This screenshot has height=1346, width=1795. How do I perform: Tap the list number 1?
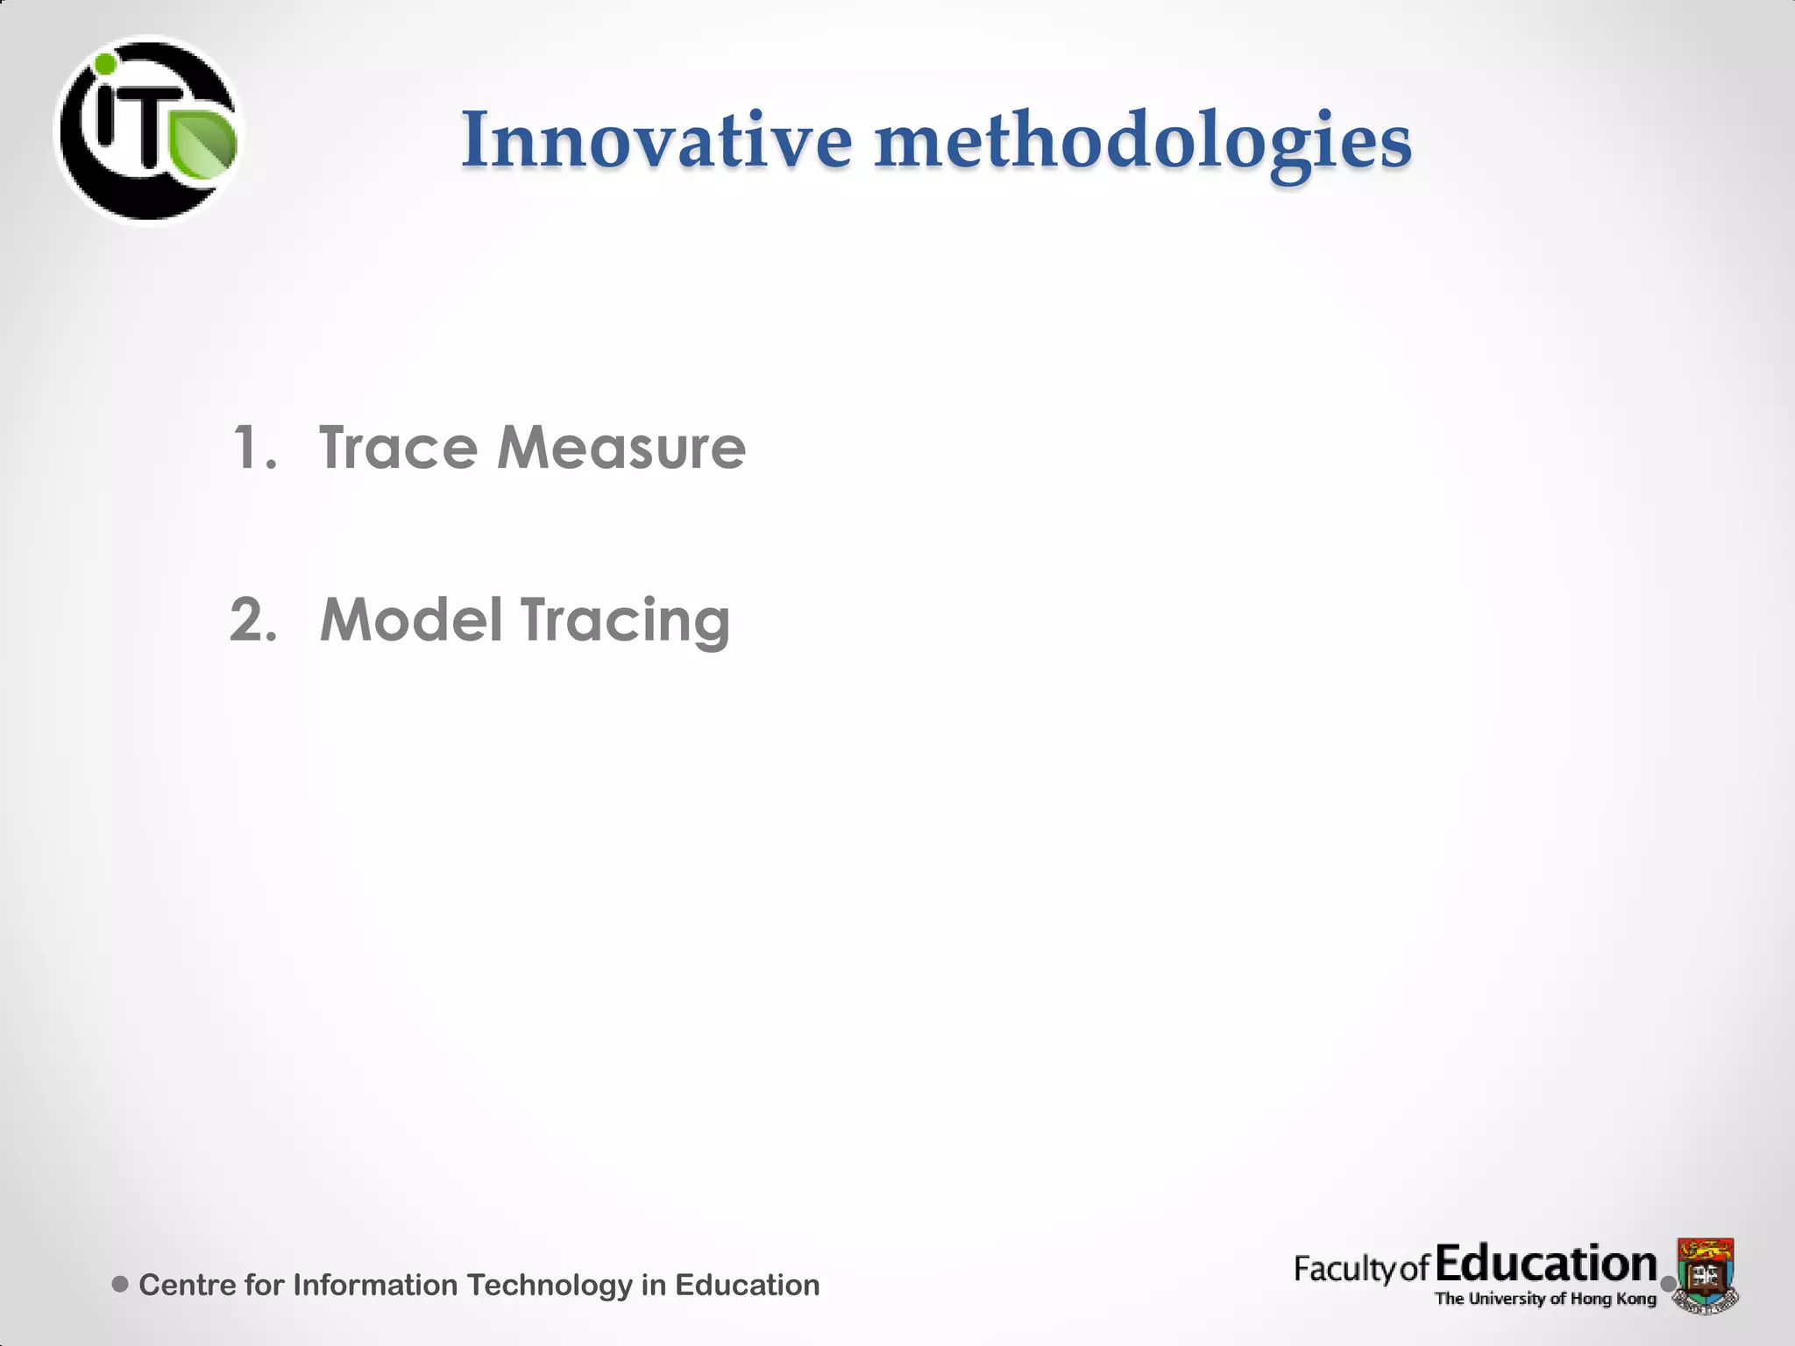[x=253, y=448]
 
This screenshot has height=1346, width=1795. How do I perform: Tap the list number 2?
[x=253, y=620]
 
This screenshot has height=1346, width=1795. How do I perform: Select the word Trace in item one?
[x=398, y=448]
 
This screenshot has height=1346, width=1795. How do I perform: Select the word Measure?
[x=621, y=448]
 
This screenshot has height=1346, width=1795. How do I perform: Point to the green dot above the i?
[x=105, y=64]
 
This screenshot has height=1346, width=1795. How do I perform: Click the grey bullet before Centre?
[x=121, y=1285]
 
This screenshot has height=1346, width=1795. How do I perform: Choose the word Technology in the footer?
[x=550, y=1286]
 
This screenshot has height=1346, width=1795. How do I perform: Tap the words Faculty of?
[x=1361, y=1269]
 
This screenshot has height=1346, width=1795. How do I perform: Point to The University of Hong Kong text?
[x=1544, y=1299]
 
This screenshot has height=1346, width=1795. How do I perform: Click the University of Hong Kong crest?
[x=1705, y=1275]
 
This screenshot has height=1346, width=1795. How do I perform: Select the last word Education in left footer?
[x=747, y=1285]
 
